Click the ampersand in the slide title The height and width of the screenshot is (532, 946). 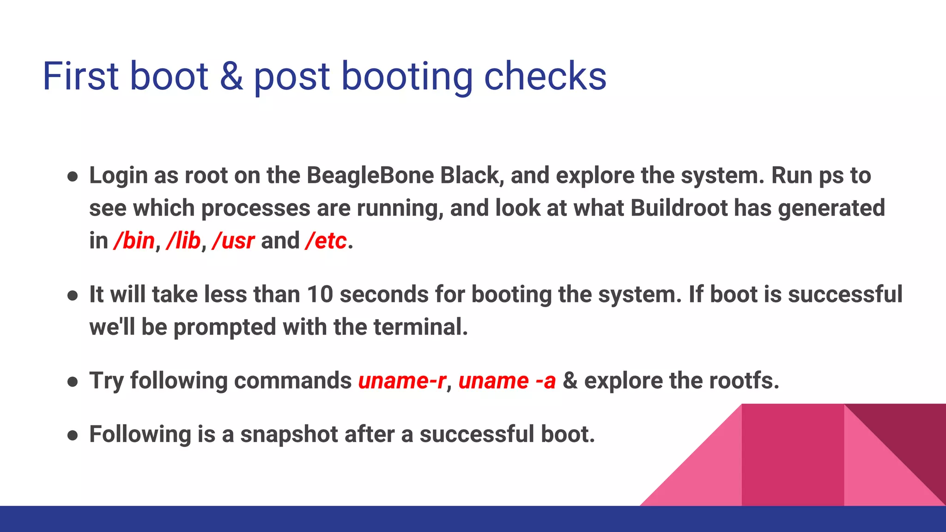(231, 76)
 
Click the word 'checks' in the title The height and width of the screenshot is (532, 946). (545, 76)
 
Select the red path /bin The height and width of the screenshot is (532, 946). (134, 241)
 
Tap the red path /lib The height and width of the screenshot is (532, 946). (183, 241)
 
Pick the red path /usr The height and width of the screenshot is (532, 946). (233, 241)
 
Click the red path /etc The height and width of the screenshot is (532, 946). (326, 241)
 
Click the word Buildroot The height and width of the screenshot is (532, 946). (679, 208)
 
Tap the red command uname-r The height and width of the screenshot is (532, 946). (402, 381)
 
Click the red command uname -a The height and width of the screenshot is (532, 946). (507, 381)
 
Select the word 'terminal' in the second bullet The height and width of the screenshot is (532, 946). (420, 327)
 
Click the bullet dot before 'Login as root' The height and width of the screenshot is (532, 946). (73, 177)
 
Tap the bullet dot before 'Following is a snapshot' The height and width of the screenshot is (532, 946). (73, 435)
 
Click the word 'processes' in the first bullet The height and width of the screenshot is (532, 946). (255, 208)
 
